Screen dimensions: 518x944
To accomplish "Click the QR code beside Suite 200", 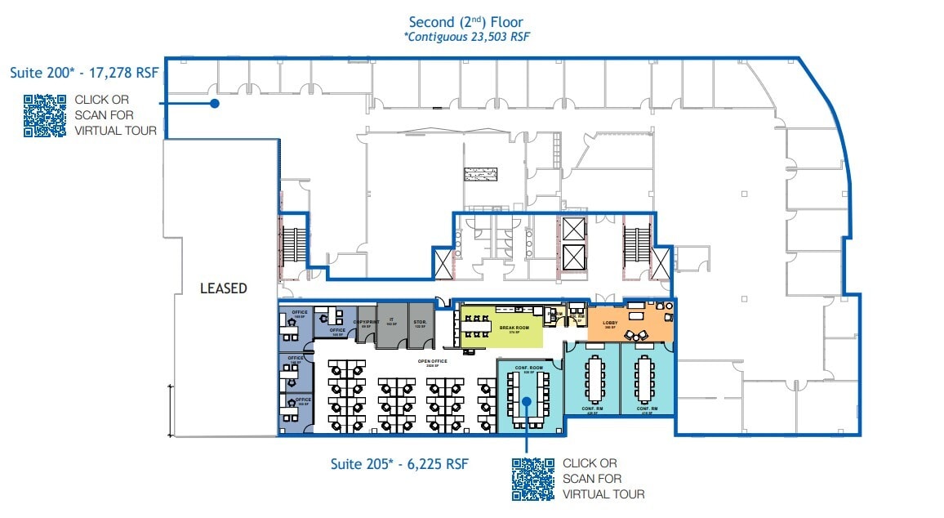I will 44,116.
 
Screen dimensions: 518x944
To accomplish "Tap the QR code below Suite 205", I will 532,479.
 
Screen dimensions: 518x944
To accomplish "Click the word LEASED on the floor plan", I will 223,288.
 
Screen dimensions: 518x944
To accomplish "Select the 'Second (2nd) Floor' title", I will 466,23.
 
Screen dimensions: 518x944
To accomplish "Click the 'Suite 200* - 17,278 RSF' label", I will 84,74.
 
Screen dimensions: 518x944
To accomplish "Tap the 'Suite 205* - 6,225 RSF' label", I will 399,463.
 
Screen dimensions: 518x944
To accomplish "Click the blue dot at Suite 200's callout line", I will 214,103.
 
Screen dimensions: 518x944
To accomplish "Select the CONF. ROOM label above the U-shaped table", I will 528,368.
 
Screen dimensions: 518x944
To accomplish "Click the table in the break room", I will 474,327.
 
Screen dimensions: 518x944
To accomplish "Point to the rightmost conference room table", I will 647,380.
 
